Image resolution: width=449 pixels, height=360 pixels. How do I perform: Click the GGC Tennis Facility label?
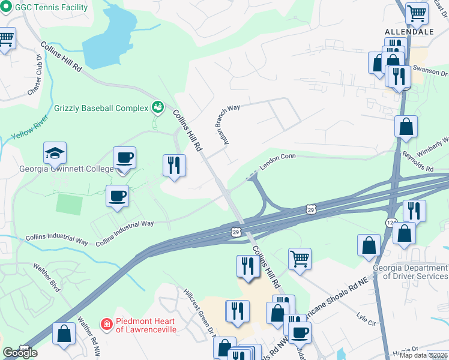(51, 7)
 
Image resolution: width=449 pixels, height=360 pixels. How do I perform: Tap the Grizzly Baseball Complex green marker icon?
(158, 107)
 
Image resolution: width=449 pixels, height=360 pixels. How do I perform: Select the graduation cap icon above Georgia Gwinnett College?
(55, 153)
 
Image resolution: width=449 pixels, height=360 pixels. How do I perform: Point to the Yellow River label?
(29, 130)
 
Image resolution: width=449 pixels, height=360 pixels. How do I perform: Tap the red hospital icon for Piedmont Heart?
(106, 324)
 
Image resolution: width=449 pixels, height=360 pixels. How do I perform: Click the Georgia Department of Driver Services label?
(410, 272)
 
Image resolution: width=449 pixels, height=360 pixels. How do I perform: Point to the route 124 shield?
(391, 223)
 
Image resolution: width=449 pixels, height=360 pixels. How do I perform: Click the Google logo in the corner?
(20, 353)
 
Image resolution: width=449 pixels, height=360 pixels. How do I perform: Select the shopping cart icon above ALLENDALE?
(416, 13)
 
